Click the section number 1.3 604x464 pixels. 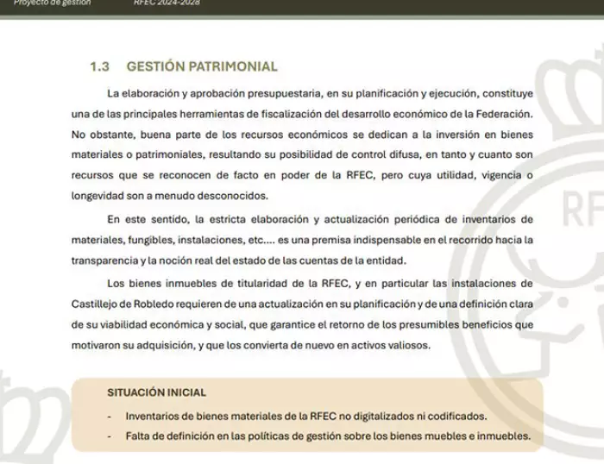pyautogui.click(x=99, y=66)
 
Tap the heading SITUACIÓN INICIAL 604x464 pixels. pyautogui.click(x=156, y=392)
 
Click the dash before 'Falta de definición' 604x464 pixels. pyautogui.click(x=110, y=436)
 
